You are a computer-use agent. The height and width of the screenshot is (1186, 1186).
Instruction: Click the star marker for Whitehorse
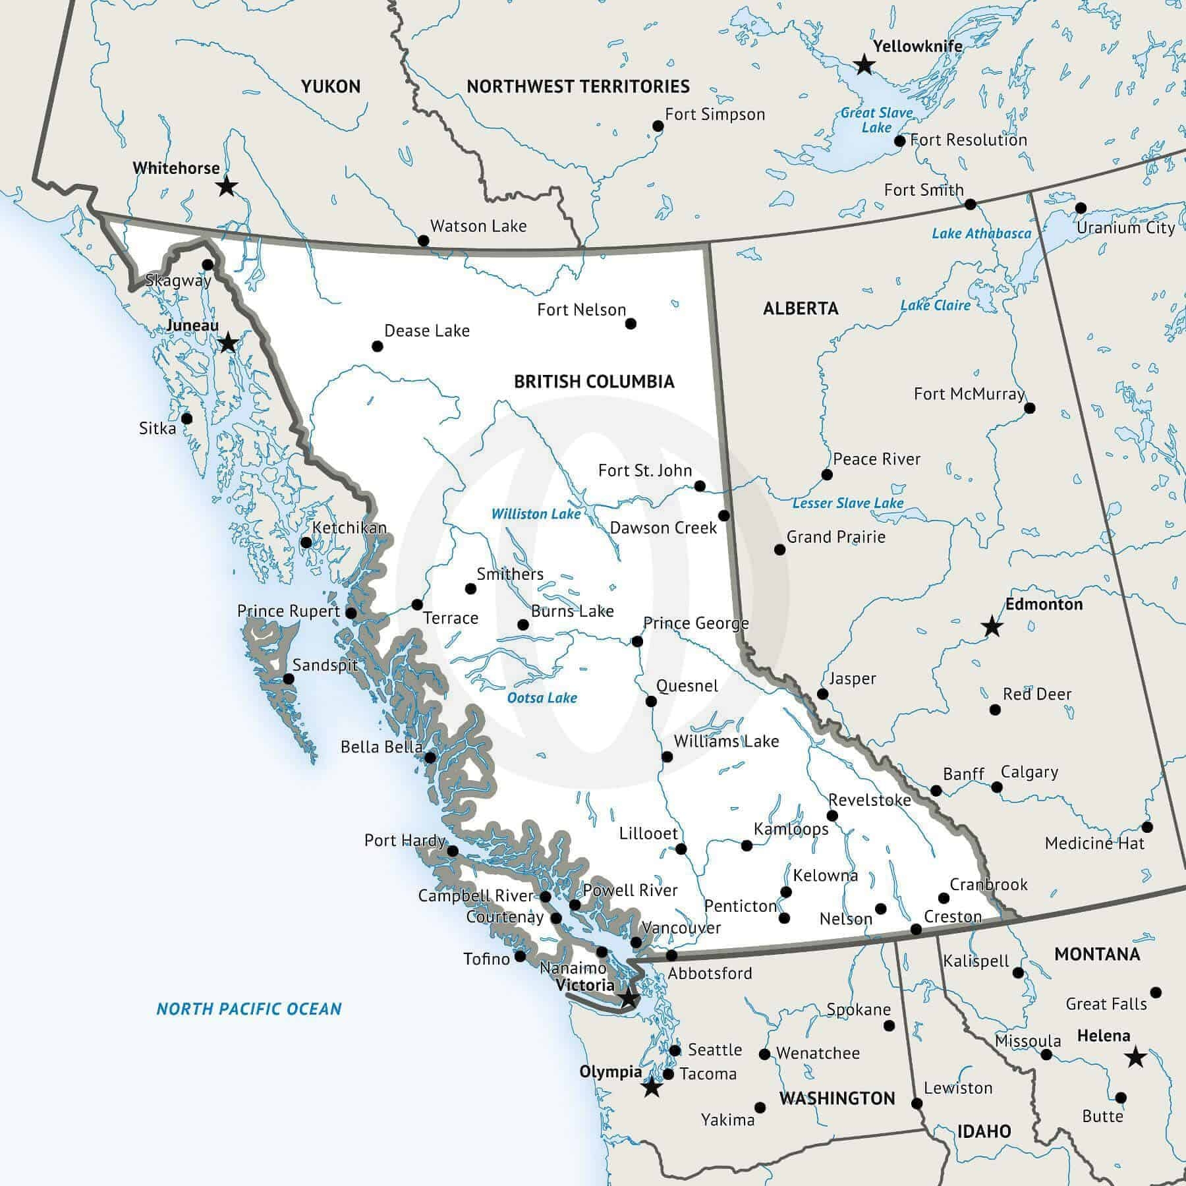click(x=227, y=186)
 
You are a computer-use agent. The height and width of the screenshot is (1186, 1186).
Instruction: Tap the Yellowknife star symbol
click(x=864, y=65)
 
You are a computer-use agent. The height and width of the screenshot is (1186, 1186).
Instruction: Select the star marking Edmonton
click(x=992, y=627)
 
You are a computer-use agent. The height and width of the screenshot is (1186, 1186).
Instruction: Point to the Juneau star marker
click(x=228, y=343)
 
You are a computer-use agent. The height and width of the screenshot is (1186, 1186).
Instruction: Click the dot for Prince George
click(x=637, y=641)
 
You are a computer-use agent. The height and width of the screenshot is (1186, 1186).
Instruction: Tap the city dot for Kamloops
click(x=747, y=845)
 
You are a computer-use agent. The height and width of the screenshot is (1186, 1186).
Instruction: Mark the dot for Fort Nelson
click(x=631, y=324)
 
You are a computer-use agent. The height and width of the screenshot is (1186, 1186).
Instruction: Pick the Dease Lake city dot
click(x=378, y=346)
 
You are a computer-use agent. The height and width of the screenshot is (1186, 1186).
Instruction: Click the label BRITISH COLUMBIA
click(x=594, y=381)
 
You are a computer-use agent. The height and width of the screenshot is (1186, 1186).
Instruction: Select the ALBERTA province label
click(x=801, y=308)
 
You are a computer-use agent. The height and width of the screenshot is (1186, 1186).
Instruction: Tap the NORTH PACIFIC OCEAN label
click(x=249, y=1009)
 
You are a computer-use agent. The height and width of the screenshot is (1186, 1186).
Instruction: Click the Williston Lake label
click(x=536, y=514)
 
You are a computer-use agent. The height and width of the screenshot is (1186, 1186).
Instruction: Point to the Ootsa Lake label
click(x=542, y=698)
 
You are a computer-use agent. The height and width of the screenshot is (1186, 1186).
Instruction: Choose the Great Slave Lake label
click(x=876, y=120)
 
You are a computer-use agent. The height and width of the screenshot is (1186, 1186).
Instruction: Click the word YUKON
click(x=331, y=86)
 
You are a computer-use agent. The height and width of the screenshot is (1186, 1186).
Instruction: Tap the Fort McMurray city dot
click(x=1030, y=408)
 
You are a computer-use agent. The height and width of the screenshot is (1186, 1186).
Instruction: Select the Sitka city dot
click(x=186, y=418)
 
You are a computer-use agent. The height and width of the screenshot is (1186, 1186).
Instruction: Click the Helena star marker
click(x=1135, y=1058)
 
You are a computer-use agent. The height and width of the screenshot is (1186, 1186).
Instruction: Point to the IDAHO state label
click(x=984, y=1131)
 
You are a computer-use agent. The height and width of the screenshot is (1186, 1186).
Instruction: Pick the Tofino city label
click(x=486, y=959)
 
